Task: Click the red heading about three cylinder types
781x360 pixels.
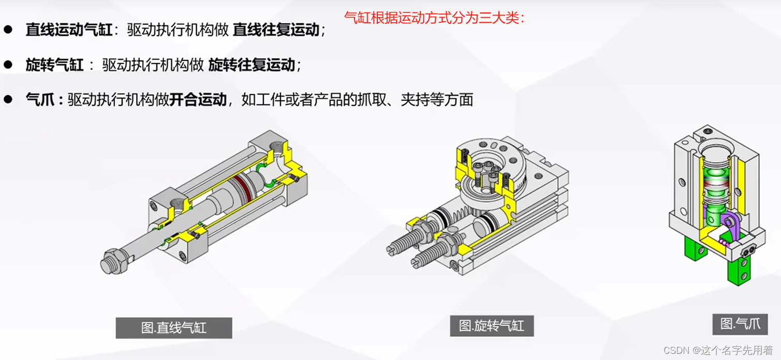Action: coord(434,18)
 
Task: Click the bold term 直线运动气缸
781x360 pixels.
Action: coord(69,29)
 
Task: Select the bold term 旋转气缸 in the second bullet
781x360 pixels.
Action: coord(55,65)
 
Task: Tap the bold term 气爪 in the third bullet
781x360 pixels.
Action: coord(40,100)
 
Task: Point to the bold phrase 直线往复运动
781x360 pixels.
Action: coord(276,29)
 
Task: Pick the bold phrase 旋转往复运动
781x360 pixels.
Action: coord(252,65)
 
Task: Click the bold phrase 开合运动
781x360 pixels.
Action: coord(198,100)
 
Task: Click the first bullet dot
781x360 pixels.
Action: coord(8,29)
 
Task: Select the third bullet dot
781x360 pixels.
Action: coord(8,99)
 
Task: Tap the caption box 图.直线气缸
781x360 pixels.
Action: coord(174,327)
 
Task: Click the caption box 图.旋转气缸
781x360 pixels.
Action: coord(492,326)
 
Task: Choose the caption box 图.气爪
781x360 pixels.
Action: coord(740,324)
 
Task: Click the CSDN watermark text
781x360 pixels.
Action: coord(718,350)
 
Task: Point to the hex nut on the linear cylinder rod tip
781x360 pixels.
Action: coord(113,261)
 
